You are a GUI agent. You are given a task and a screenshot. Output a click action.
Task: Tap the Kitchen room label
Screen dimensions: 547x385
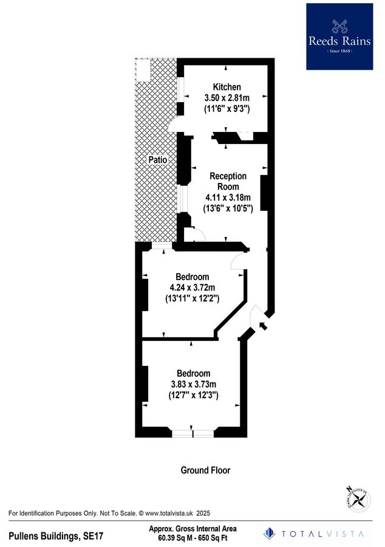click(x=227, y=87)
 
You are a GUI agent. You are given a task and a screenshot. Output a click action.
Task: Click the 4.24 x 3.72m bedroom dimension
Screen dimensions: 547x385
click(x=192, y=288)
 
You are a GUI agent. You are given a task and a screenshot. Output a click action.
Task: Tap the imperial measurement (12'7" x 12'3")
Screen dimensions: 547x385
click(x=194, y=395)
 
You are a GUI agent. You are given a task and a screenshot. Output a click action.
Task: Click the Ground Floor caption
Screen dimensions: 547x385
click(x=205, y=470)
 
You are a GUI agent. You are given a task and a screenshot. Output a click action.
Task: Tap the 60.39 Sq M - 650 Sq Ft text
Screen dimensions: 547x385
click(x=192, y=538)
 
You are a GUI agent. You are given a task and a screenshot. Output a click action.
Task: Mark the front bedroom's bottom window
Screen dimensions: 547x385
click(x=193, y=434)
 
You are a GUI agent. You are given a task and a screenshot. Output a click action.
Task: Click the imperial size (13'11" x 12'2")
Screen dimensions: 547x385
click(x=192, y=299)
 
